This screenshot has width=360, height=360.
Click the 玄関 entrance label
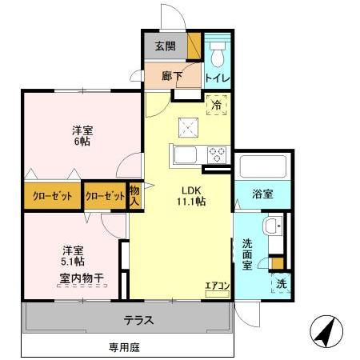click(166, 46)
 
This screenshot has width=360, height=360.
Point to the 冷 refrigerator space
click(217, 103)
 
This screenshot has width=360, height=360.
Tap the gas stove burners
click(216, 154)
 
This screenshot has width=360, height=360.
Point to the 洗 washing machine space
click(282, 283)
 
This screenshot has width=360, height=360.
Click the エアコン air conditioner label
click(217, 284)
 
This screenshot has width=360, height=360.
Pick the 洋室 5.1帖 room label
click(74, 255)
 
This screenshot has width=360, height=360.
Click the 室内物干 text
click(80, 278)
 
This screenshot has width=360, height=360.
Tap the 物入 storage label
click(134, 194)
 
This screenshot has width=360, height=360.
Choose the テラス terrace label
click(138, 320)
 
